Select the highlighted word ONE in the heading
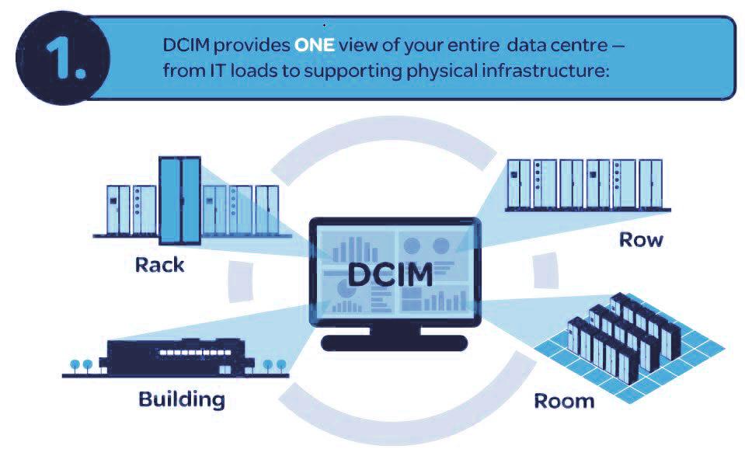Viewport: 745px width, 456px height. click(314, 46)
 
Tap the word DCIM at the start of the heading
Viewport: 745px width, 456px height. click(183, 46)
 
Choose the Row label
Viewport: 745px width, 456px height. click(641, 239)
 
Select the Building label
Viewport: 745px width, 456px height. click(182, 399)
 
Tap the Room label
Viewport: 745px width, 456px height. click(564, 401)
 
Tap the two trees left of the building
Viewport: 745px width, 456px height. click(80, 363)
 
